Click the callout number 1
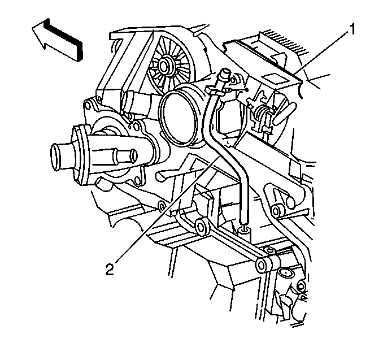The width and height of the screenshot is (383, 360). pos(351,29)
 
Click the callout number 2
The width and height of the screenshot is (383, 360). pos(110,269)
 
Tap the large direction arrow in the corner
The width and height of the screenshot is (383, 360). pos(58,40)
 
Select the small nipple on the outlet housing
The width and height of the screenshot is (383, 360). pos(127,155)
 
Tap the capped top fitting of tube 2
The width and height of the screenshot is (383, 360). pos(224,74)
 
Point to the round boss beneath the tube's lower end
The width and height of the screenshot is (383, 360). pos(244,231)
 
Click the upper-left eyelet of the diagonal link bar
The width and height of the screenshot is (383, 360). pos(202,227)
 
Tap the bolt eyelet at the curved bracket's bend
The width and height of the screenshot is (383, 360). pos(276,210)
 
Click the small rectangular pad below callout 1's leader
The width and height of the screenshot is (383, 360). pos(275,80)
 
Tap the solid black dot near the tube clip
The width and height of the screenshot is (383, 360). pos(247,90)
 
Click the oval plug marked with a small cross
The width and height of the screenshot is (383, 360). pos(285,272)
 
